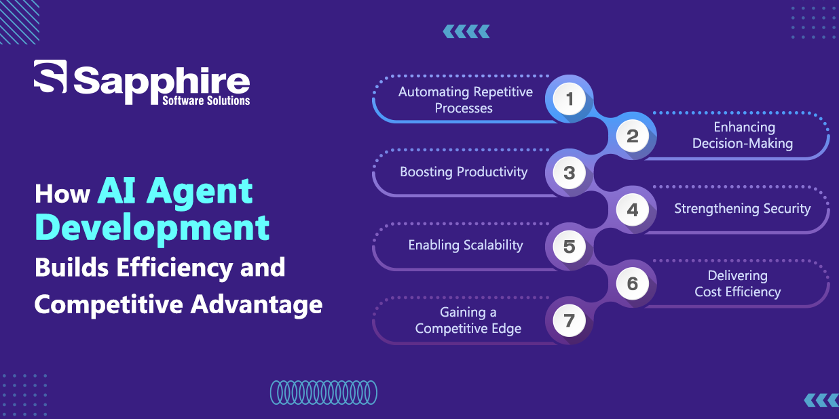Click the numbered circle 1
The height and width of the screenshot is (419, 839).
[x=570, y=99]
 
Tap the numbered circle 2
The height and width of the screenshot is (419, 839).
[x=633, y=136]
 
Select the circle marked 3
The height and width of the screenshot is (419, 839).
[x=570, y=172]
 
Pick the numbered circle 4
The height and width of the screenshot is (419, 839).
[x=633, y=209]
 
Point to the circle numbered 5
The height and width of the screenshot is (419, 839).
[x=570, y=247]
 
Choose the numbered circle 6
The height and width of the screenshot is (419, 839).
[x=633, y=283]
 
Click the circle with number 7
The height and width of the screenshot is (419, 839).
[x=570, y=321]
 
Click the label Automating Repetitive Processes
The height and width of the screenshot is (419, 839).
[x=465, y=100]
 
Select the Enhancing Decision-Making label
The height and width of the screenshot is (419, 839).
[x=743, y=136]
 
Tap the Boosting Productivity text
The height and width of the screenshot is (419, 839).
[x=464, y=172]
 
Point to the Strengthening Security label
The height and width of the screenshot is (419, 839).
[x=743, y=208]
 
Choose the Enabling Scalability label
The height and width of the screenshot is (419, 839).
[x=466, y=245]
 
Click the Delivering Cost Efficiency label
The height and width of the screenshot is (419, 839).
[x=738, y=283]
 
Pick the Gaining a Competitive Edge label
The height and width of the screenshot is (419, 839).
[x=468, y=320]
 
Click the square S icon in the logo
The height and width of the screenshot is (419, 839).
[x=50, y=77]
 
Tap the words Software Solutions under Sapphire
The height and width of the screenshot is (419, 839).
[x=206, y=100]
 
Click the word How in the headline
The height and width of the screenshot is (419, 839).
[x=62, y=194]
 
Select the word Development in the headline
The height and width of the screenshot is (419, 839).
[x=152, y=228]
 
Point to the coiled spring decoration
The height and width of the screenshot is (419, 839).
[x=324, y=393]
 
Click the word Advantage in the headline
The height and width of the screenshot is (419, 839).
[x=257, y=304]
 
